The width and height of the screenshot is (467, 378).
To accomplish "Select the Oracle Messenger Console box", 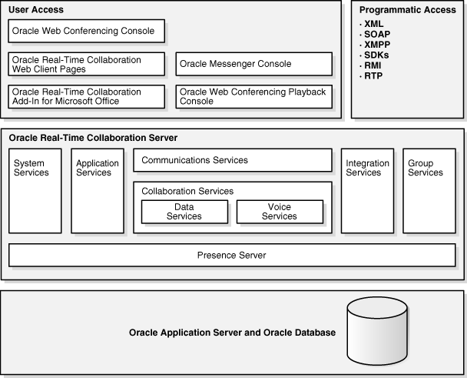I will [253, 64].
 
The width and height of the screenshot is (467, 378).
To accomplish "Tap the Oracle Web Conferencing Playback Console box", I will [253, 96].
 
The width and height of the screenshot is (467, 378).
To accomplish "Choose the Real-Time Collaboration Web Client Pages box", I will [87, 64].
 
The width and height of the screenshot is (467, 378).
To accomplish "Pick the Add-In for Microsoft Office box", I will [87, 96].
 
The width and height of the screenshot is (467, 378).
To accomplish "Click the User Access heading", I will [36, 10].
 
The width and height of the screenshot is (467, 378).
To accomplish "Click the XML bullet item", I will [374, 24].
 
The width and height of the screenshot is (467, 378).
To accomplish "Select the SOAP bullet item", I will [377, 35].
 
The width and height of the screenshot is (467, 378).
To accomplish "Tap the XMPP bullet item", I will [377, 45].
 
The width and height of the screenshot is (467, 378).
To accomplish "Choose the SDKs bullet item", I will [376, 55].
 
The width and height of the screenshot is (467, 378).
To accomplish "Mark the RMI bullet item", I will [373, 65].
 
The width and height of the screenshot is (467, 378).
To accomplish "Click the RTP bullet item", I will [373, 75].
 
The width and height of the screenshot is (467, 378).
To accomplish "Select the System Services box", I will [35, 191].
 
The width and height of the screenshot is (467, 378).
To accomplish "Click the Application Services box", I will [98, 191].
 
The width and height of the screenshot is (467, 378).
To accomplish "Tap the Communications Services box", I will [233, 160].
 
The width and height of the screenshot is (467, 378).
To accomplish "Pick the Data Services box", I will [184, 212].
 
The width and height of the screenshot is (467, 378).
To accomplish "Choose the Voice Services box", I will [280, 212].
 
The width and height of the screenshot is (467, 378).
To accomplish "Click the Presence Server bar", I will [233, 255].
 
